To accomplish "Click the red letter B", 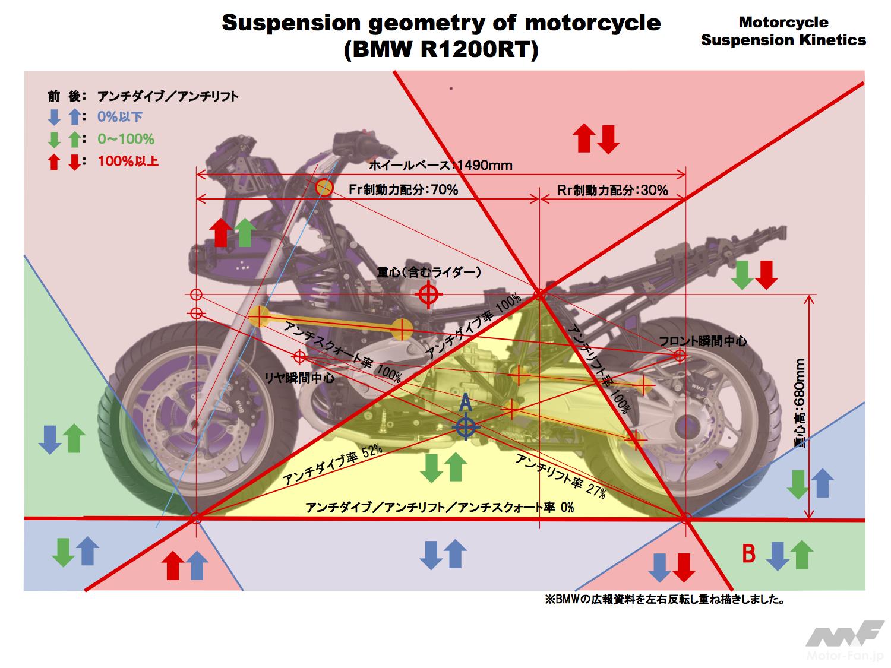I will point(749,554).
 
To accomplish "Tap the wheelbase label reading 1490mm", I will point(440,165).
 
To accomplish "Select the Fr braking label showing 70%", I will point(403,189).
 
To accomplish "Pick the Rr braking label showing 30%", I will point(612,189).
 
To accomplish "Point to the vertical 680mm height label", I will point(800,404).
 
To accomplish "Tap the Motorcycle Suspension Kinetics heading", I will point(783,31).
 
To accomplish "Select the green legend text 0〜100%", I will point(126,139).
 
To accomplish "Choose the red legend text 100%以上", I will point(128,161).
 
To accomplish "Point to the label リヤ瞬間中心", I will point(299,377).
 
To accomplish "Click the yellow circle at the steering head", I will point(324,188).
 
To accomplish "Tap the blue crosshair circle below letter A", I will point(466,427).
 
